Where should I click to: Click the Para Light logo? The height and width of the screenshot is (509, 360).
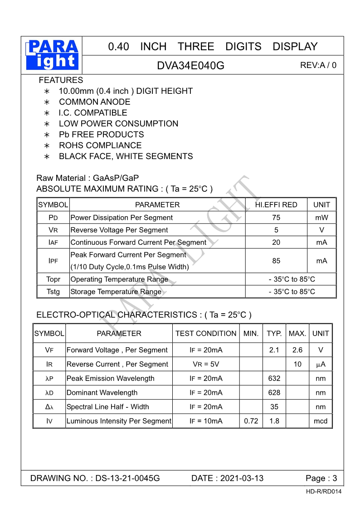point(53,55)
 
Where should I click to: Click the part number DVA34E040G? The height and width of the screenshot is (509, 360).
point(190,65)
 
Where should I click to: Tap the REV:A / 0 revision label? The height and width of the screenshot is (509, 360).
point(318,65)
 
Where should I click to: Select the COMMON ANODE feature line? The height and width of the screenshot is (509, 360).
point(94,102)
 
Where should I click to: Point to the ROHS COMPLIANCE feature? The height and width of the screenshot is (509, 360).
point(100,145)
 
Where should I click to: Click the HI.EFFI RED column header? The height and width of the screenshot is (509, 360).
point(276,205)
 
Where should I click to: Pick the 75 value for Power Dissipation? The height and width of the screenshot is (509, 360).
point(276,218)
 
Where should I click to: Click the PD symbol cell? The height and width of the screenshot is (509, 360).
point(53,218)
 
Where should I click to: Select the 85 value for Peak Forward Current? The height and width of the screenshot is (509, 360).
point(276,261)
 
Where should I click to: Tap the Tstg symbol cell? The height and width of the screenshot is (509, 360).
point(53,292)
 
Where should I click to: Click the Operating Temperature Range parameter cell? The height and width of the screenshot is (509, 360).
point(119,279)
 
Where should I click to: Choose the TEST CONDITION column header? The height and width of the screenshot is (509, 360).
point(206,334)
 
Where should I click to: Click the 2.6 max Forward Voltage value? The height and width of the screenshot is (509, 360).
point(297,350)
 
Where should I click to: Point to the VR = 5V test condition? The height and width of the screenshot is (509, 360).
point(206,364)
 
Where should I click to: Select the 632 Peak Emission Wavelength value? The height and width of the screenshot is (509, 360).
point(274,378)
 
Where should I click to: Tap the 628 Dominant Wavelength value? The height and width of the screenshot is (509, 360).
point(274,393)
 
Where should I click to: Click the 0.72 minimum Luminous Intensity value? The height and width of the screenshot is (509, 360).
point(251,421)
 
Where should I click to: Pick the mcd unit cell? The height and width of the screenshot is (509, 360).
point(321,421)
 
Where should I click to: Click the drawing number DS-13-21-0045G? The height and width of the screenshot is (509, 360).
point(127,478)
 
